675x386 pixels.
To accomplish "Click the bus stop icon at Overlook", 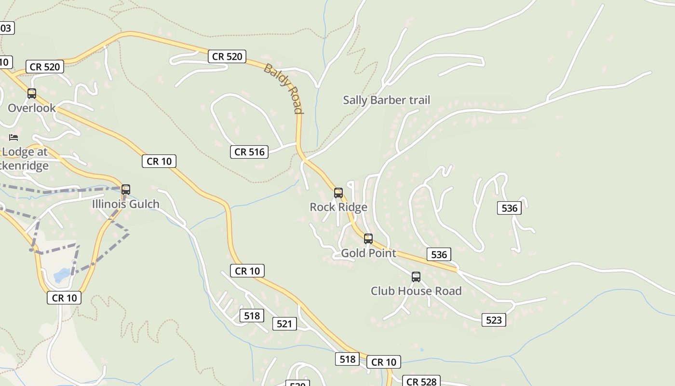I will (32, 94).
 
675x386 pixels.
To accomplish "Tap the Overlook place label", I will (32, 108).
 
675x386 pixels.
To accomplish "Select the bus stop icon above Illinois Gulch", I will (126, 190).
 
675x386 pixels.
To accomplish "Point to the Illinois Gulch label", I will (126, 204).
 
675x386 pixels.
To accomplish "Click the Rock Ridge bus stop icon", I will (338, 193).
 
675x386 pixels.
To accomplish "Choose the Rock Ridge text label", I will (338, 207).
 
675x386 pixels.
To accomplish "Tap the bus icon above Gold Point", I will (368, 238).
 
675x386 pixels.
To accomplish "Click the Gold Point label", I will (368, 253).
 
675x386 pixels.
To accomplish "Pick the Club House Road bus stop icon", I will (416, 277).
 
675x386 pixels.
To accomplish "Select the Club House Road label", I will (416, 291).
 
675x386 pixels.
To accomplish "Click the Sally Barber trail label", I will (386, 100).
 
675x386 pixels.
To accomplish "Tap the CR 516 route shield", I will (249, 152).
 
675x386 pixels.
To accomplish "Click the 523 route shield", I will (494, 320).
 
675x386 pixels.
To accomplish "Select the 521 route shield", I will (284, 324).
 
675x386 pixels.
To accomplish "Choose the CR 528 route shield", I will (421, 381).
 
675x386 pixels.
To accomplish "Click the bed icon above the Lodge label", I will (13, 138).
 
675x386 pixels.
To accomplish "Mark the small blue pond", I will (62, 276).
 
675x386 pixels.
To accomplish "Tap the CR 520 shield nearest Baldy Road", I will (227, 56).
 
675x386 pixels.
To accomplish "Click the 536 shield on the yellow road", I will (439, 254).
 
